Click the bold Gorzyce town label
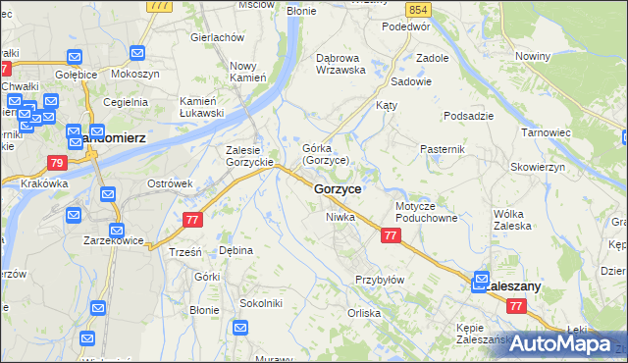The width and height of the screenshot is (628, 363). (x=339, y=187)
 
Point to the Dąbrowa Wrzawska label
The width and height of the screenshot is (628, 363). (x=340, y=64)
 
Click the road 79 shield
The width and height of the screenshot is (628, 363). (x=56, y=163)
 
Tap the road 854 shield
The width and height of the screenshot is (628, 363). (x=420, y=9)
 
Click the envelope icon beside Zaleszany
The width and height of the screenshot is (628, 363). (x=482, y=279)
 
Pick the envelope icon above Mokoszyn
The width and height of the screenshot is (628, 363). (x=136, y=53)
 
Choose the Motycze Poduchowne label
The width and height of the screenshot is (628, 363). (x=427, y=213)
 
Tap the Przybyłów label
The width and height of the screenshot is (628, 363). (x=380, y=280)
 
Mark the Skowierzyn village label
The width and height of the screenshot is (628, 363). (x=538, y=168)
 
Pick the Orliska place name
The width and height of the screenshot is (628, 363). (x=363, y=313)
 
